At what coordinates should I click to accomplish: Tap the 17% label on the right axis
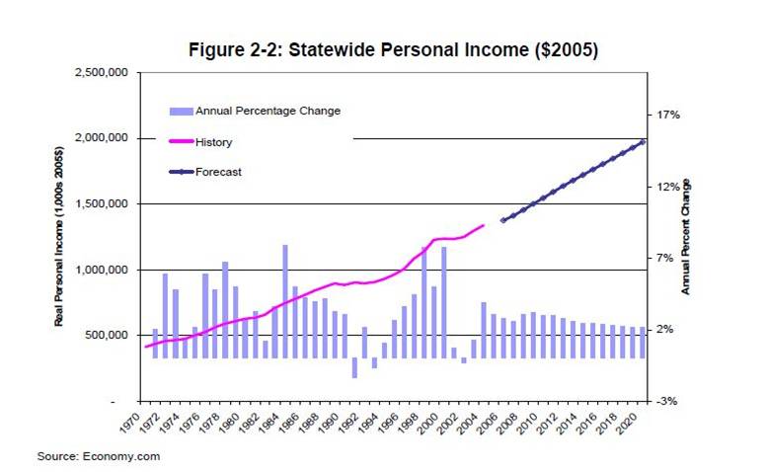[668, 116]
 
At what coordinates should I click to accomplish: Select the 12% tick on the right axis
[668, 187]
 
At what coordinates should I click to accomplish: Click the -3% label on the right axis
[668, 401]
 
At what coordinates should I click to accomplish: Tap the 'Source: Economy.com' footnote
[99, 456]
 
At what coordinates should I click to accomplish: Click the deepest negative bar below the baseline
[354, 367]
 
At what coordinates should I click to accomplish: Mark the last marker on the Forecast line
[644, 142]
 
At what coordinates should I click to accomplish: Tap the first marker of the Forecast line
[502, 220]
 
